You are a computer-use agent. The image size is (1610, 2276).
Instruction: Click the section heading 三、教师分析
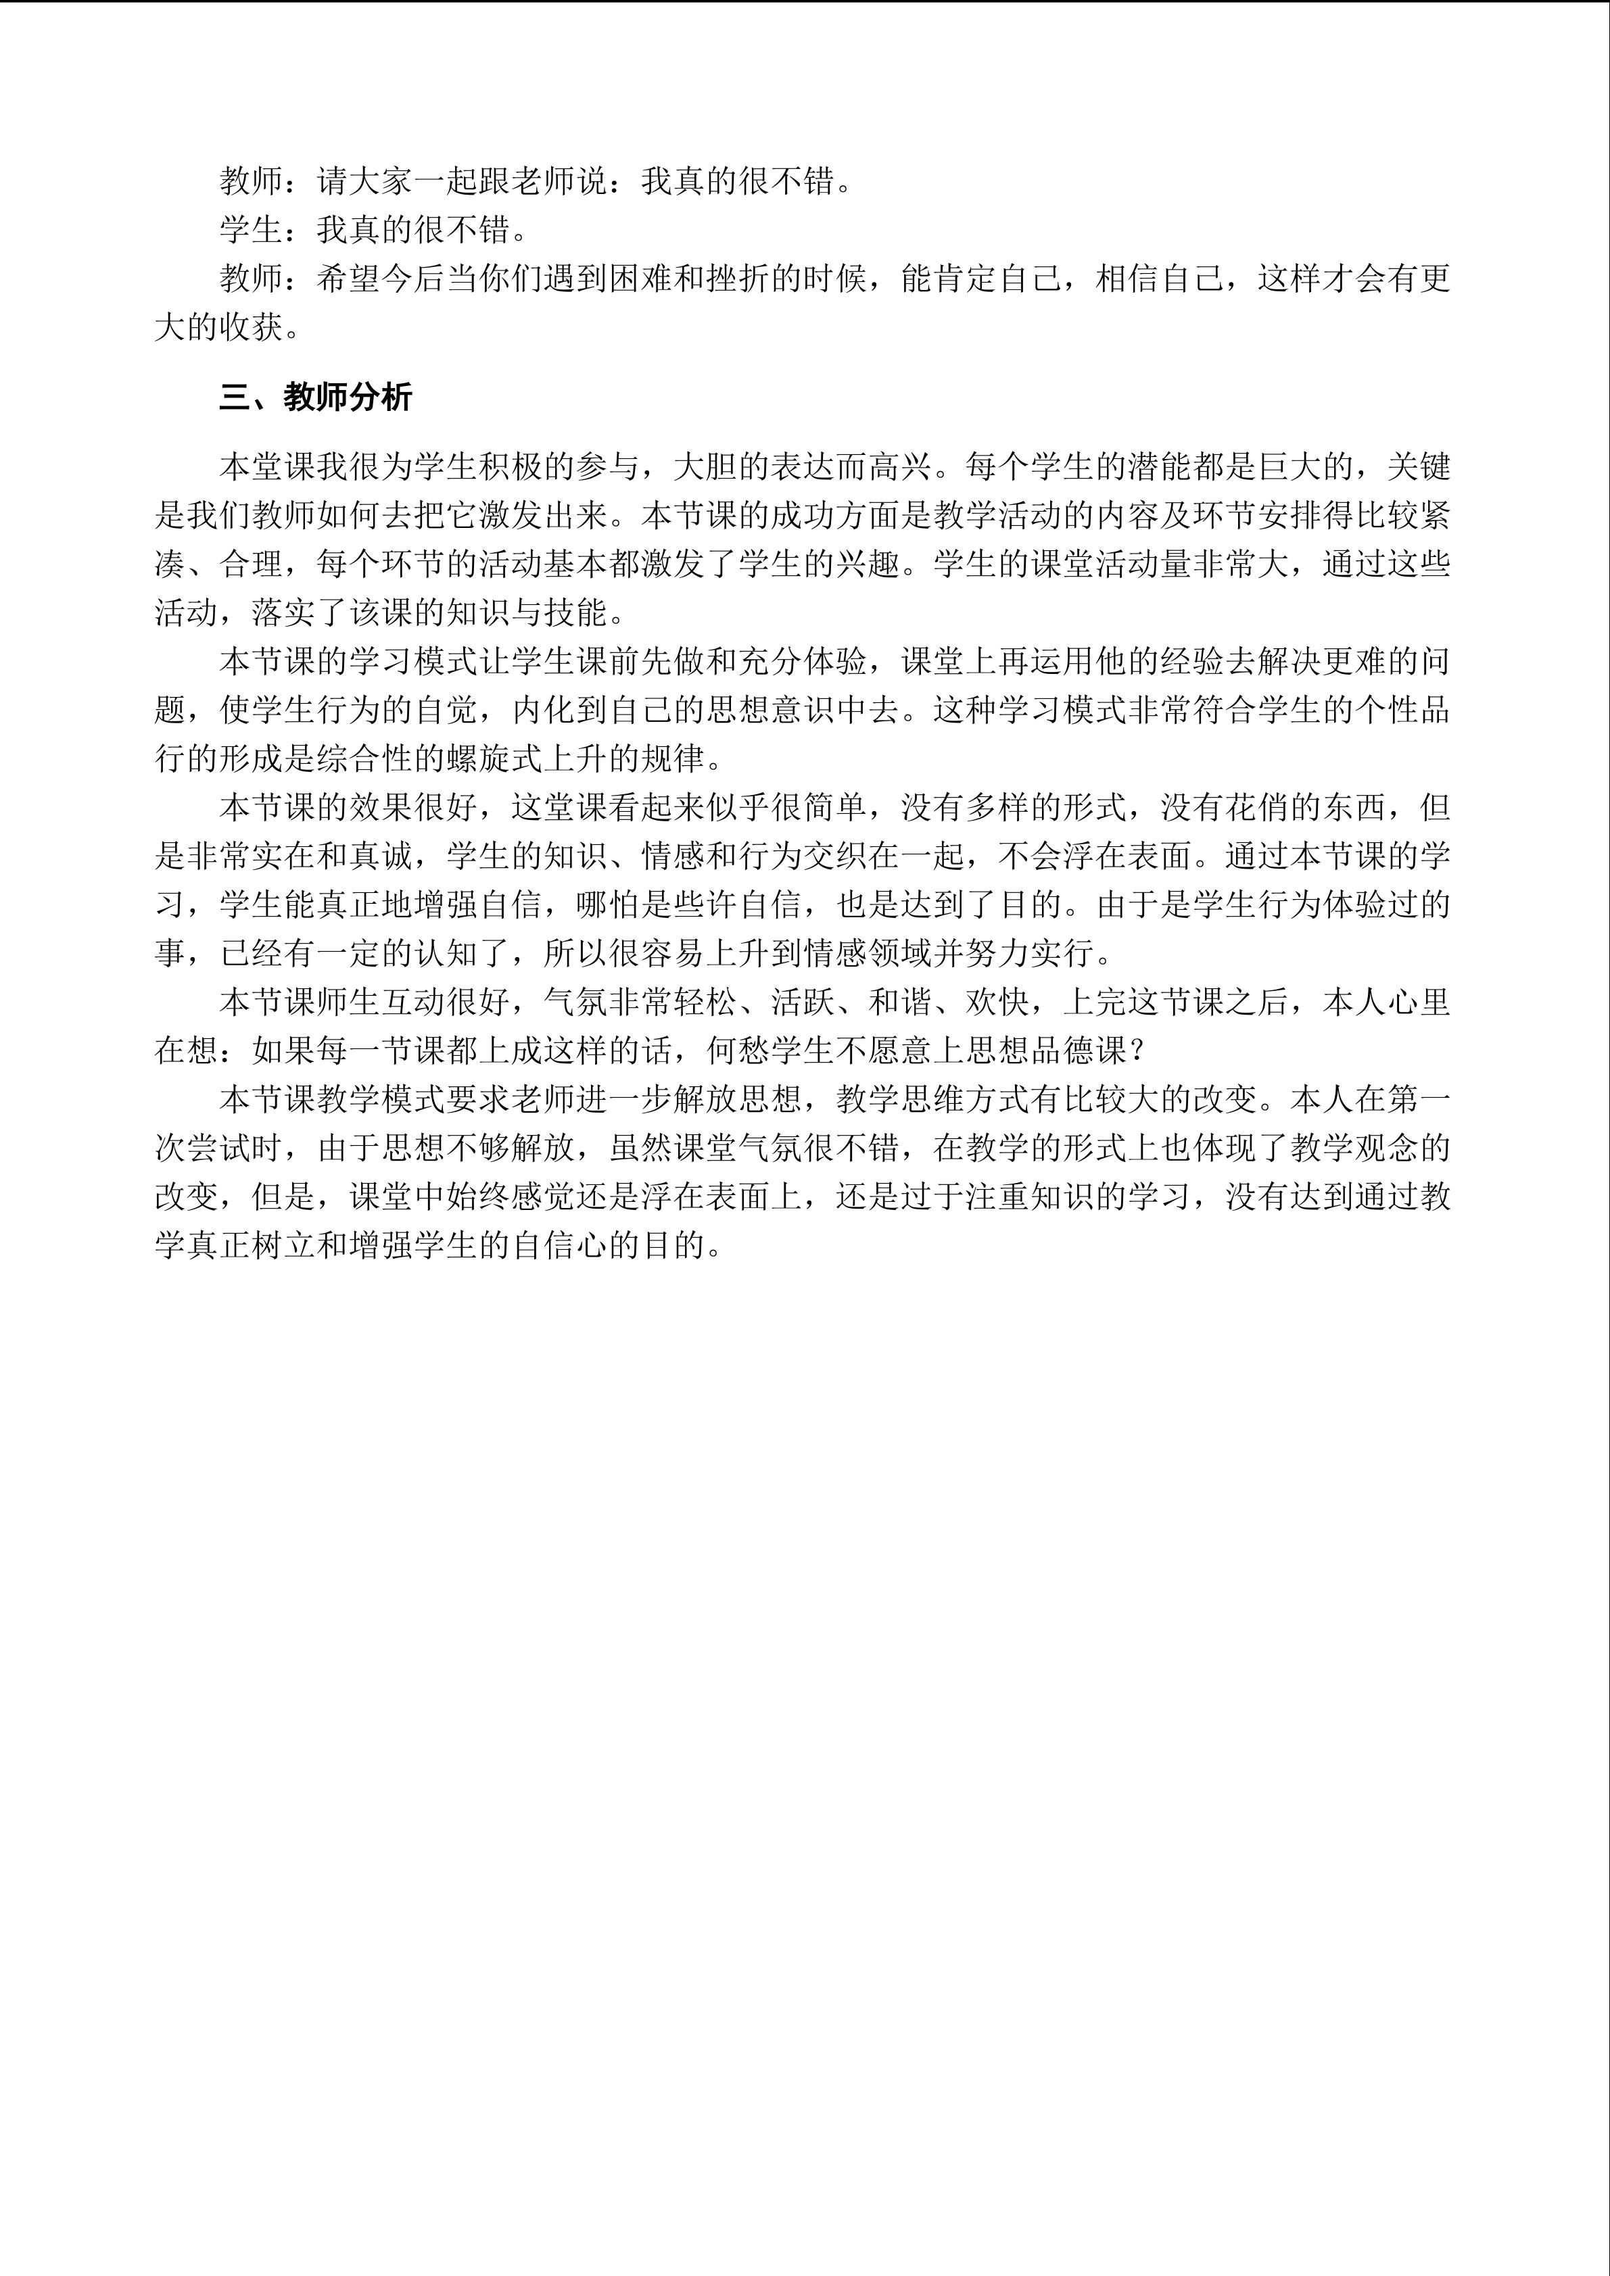315,397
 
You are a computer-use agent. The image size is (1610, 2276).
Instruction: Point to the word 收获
251,327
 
